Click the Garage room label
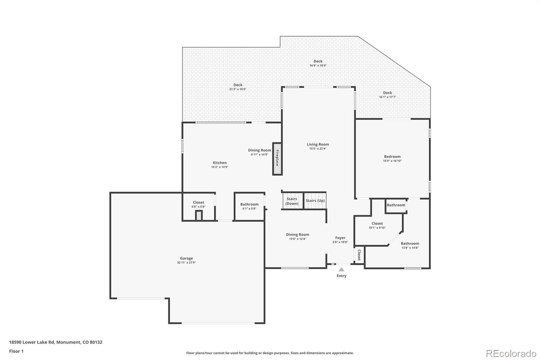(186, 258)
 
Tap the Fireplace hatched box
(277, 159)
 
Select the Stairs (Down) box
(292, 201)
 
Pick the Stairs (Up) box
(315, 201)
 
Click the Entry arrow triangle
(341, 269)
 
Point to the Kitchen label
(220, 163)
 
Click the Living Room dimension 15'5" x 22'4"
(318, 149)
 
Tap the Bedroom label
(392, 157)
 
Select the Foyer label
(340, 238)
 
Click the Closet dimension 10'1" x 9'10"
(377, 228)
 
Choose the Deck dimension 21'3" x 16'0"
(238, 89)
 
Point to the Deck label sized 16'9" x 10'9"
(318, 61)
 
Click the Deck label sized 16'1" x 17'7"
(387, 93)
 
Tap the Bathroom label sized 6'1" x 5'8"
(249, 204)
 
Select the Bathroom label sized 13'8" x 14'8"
(410, 243)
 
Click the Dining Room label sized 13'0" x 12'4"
(297, 234)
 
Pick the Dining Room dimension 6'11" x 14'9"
(260, 154)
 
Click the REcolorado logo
(511, 354)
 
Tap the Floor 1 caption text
(16, 351)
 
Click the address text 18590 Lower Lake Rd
(32, 342)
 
